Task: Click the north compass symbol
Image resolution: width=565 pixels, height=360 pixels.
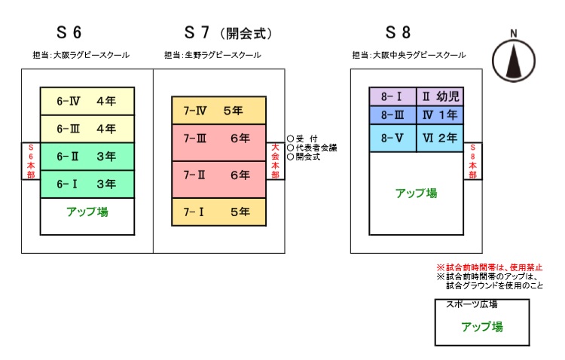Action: coord(513,59)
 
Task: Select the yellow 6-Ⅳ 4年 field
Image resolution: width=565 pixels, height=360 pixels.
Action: coord(87,100)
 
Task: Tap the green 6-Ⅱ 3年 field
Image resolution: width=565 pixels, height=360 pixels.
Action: coord(87,157)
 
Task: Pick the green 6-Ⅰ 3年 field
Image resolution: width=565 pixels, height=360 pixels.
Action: coord(87,184)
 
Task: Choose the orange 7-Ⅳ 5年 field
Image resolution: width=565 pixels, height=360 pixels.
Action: coord(218,110)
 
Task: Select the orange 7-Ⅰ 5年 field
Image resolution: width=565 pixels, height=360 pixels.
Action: coord(218,212)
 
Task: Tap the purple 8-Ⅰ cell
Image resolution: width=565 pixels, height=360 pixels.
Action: coord(392,97)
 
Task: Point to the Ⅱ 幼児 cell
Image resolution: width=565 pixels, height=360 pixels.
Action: coord(439,97)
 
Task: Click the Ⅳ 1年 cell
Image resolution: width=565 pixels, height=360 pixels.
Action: coord(439,115)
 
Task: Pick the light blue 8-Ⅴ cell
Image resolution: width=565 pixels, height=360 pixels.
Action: coord(392,138)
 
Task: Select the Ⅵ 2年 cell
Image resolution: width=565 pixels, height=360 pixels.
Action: coord(439,138)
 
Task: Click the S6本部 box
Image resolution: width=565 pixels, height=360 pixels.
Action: coord(31,160)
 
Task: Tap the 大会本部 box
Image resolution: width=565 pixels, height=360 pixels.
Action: coord(276,160)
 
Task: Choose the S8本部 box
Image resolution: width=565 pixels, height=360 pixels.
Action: coord(472,160)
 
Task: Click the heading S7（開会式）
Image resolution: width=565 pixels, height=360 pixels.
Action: coord(228,34)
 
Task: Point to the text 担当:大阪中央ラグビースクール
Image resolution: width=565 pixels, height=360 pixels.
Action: coord(408,56)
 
